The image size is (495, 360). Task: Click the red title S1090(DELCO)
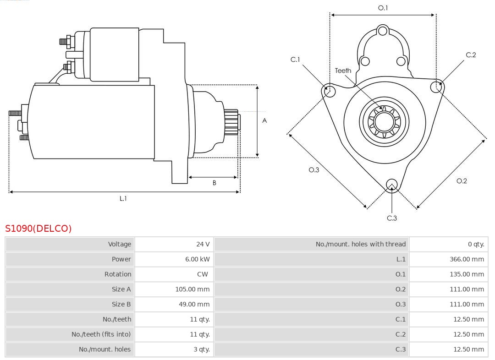pos(38,229)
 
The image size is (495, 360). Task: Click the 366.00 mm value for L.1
pos(467,259)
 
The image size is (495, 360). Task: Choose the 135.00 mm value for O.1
pos(467,274)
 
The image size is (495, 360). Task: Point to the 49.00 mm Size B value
pos(194,304)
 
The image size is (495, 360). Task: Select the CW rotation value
pos(202,274)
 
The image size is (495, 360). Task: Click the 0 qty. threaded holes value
pos(476,244)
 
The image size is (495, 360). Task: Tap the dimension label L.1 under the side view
pos(123,199)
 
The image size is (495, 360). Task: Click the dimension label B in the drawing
pos(214,183)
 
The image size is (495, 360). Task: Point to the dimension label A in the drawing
pos(264,121)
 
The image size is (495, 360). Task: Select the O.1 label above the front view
pos(383,8)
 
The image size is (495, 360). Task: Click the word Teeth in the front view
pos(343,71)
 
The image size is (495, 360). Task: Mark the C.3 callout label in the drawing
pos(392,218)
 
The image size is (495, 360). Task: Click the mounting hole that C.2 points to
pos(436,87)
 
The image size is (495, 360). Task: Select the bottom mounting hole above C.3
pos(391,185)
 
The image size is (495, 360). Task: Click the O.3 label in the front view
pos(313,170)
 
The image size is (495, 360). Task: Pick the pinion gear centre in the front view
pos(384,122)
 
